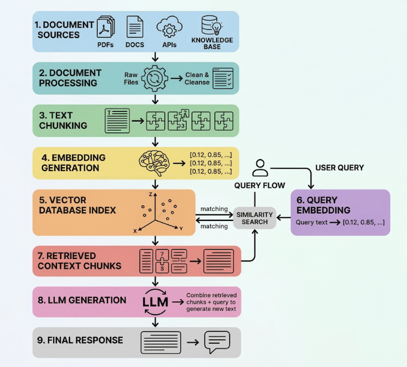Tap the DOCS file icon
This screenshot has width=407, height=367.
[135, 27]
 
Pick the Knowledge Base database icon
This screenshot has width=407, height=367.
[212, 26]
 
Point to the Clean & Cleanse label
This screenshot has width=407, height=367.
[197, 79]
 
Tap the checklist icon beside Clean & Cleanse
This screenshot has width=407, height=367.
[223, 78]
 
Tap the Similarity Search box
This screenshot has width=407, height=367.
[255, 218]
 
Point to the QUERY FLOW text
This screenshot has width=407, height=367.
[259, 186]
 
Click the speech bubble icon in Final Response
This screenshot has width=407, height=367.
[217, 342]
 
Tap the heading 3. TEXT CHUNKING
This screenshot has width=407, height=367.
[63, 121]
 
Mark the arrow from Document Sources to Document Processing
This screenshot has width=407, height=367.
[156, 57]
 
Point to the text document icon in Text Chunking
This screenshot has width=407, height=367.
[117, 120]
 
